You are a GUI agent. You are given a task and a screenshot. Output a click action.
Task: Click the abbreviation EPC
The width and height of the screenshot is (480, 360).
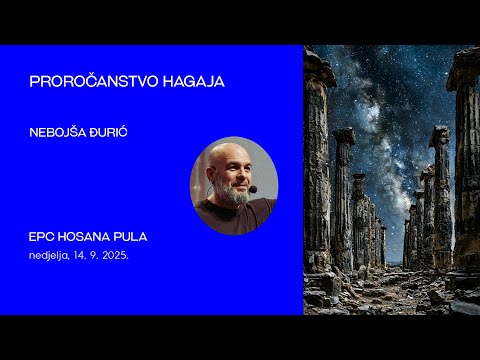point(43,237)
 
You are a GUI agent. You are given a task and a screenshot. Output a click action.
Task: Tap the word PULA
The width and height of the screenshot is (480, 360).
point(132,237)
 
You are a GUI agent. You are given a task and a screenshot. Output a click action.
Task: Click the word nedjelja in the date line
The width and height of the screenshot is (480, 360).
point(49,255)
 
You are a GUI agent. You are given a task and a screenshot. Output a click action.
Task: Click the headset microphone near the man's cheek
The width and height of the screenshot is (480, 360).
point(253,188)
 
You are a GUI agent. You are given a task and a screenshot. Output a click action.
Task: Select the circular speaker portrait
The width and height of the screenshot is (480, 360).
point(234,186)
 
